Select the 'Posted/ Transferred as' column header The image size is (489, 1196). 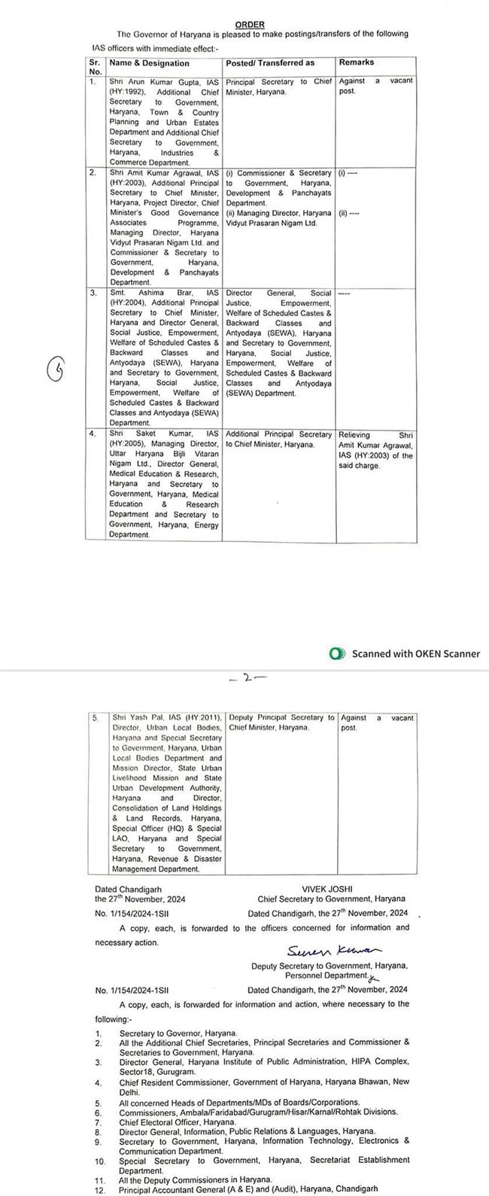270,62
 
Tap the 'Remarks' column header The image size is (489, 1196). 357,62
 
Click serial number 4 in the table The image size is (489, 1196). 92,435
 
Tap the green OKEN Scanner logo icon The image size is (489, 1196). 338,653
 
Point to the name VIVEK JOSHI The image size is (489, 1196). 331,888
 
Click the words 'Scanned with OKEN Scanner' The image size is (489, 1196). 415,653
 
